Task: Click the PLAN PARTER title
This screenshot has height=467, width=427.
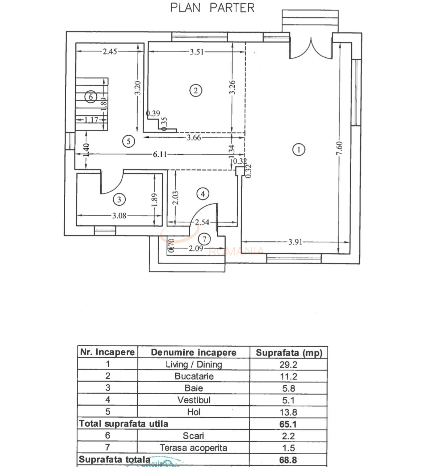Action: click(213, 8)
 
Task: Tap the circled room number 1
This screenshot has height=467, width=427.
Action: click(298, 149)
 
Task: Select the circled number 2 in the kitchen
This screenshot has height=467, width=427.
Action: click(196, 90)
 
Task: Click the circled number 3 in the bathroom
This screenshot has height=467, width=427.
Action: click(119, 199)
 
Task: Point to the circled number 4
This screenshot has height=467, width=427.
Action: click(203, 194)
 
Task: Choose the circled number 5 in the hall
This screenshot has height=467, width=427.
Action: click(129, 141)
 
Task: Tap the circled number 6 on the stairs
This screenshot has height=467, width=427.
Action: click(91, 97)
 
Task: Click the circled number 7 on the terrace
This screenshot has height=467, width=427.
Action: click(205, 239)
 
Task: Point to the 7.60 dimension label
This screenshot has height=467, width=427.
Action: click(339, 149)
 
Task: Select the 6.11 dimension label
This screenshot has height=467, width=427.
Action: click(160, 154)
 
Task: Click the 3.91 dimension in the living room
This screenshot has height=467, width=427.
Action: click(295, 242)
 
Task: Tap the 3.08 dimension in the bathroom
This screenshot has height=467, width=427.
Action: click(119, 216)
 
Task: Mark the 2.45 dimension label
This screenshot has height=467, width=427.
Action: click(110, 52)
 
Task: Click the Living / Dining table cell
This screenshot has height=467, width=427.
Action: click(194, 364)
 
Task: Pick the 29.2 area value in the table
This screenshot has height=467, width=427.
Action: click(288, 364)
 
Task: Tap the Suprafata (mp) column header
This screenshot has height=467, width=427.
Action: click(289, 353)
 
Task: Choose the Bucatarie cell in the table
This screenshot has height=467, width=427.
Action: click(194, 376)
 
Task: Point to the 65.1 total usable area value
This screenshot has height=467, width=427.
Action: click(288, 424)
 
